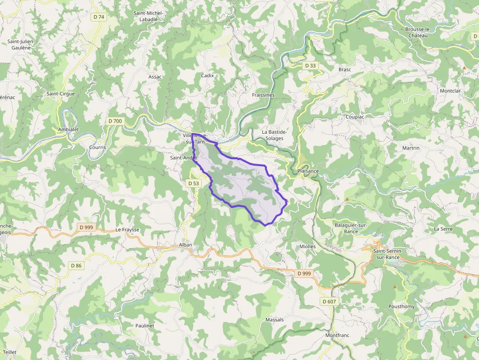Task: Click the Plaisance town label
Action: (x=308, y=171)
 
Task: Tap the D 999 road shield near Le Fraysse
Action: (x=85, y=227)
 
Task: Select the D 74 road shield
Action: (x=99, y=17)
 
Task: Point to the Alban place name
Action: (x=186, y=245)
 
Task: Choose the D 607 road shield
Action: (x=329, y=301)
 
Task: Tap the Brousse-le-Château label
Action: (x=417, y=32)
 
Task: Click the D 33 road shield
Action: (x=310, y=65)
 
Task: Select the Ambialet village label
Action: (x=68, y=130)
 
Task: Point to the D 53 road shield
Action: (x=194, y=183)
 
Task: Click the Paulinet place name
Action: (x=145, y=326)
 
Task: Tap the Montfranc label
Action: (x=338, y=336)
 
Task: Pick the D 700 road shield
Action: (x=115, y=121)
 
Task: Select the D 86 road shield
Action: (x=76, y=266)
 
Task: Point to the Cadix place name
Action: (x=208, y=76)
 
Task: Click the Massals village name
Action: (x=274, y=320)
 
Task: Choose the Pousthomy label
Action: (x=401, y=307)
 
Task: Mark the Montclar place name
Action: (x=450, y=91)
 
